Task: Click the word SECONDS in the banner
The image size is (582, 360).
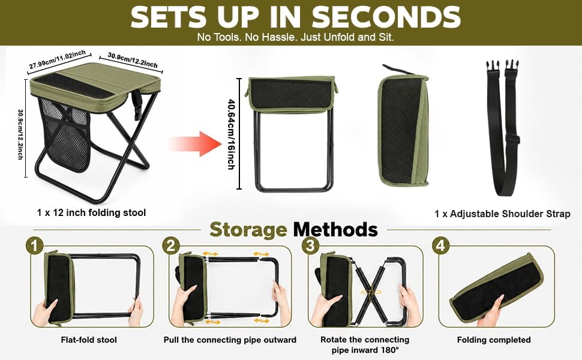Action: coord(386,17)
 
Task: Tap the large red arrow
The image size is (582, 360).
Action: coord(196,143)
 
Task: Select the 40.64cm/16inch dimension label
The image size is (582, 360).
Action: coord(231,134)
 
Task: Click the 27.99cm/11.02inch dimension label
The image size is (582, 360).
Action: coord(58,60)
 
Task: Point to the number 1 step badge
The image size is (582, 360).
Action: coord(35,247)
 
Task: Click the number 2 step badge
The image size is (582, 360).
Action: coord(171,245)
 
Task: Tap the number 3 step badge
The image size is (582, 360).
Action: coord(311,245)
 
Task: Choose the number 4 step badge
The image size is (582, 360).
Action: coord(440,245)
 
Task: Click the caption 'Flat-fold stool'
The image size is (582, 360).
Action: coord(89,340)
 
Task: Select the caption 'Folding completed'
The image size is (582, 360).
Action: coord(494,340)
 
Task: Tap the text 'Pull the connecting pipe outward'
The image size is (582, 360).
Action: coord(230,340)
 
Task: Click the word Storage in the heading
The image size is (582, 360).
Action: coord(248,230)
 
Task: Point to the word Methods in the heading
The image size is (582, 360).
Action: coord(335,230)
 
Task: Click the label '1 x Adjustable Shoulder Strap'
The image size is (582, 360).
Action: coord(503,214)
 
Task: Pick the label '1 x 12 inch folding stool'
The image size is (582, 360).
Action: coord(91,212)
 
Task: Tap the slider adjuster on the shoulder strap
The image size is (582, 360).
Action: coord(512,139)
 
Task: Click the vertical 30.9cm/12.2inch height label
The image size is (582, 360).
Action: coord(20,134)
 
